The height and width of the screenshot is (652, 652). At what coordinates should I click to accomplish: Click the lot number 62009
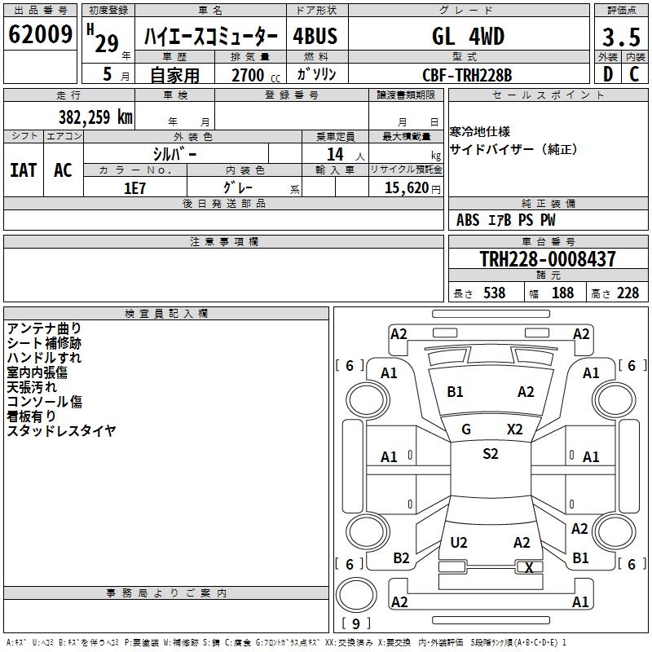pos(40,35)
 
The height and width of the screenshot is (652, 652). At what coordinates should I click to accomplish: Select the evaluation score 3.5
pos(621,37)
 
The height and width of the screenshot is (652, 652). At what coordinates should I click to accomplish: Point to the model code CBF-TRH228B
pos(461,75)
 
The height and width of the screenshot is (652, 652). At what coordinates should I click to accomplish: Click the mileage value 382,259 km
pos(95,117)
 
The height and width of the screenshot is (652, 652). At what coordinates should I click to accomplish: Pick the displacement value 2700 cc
pos(249,75)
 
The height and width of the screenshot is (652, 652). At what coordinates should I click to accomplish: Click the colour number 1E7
pos(134,187)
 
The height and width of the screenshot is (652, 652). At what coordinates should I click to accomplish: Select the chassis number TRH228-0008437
pos(547,259)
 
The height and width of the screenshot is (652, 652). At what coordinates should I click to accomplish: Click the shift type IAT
pos(24,170)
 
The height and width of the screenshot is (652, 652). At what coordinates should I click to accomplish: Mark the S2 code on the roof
pos(490,454)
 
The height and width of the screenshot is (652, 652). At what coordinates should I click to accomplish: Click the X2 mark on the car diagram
pos(514,430)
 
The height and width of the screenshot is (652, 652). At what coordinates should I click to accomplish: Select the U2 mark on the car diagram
pos(459,543)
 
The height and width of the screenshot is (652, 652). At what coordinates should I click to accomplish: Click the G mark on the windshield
pos(466,430)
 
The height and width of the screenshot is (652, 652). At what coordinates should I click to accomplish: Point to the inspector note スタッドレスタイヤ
pos(62,431)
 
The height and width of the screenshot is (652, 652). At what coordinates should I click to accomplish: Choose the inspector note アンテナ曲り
pos(44,328)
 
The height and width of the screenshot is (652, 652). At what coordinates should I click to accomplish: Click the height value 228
pos(628,293)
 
